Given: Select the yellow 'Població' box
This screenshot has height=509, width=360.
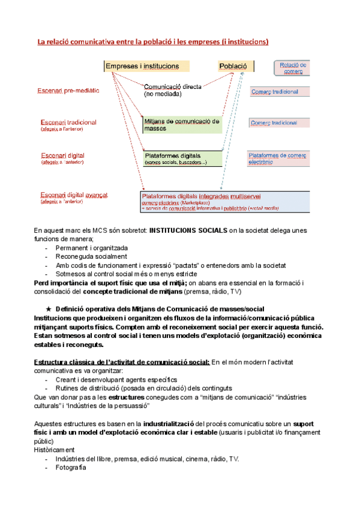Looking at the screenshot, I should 233,66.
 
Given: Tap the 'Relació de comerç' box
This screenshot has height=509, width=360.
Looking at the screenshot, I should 292,68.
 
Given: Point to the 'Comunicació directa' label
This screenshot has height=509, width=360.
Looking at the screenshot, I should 172,87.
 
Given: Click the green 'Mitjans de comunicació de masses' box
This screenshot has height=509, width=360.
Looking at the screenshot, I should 182,124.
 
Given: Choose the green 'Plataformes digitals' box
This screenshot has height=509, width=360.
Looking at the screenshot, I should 182,158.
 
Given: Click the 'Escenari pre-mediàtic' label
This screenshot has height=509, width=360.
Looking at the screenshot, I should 68,91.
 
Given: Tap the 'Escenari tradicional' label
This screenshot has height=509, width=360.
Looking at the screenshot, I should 68,122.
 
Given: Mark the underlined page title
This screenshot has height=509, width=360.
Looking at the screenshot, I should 153,41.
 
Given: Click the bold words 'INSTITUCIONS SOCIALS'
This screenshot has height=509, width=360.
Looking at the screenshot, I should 187,230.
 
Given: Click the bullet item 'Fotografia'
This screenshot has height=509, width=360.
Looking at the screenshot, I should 70,467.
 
